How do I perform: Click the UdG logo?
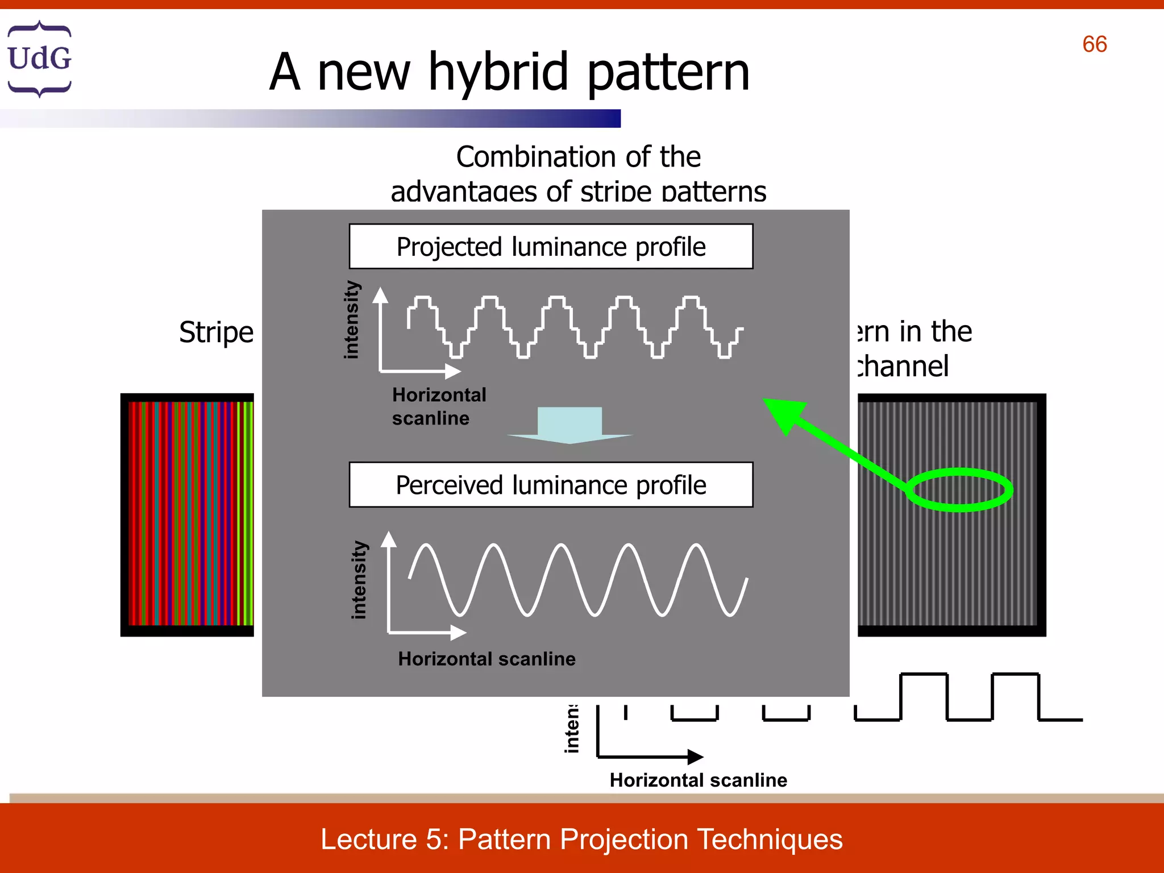39,59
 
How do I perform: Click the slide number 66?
1094,44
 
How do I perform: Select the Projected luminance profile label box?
551,247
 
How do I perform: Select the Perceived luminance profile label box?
551,485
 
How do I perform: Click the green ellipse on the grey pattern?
959,489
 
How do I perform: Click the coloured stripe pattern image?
188,514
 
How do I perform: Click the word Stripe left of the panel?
216,332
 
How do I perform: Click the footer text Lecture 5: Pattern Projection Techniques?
581,839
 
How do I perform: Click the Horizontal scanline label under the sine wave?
487,659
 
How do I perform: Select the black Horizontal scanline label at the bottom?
698,780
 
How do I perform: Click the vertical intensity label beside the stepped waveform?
352,320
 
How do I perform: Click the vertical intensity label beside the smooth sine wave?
359,580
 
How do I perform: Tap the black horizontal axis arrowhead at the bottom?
695,756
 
